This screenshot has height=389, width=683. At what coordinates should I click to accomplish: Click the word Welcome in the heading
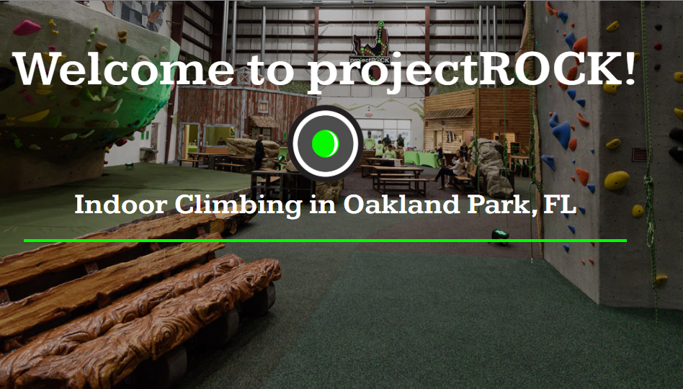pyautogui.click(x=123, y=69)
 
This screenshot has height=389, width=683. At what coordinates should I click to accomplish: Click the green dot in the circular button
pyautogui.click(x=326, y=143)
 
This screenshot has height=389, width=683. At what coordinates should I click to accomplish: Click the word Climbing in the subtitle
pyautogui.click(x=238, y=205)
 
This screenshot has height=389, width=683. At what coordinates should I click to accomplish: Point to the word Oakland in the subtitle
pyautogui.click(x=401, y=204)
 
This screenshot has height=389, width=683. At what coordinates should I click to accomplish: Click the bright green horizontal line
pyautogui.click(x=325, y=241)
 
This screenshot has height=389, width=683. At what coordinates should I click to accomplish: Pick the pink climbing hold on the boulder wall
pyautogui.click(x=26, y=27)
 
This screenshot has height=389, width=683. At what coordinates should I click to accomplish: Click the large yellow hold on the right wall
pyautogui.click(x=616, y=180)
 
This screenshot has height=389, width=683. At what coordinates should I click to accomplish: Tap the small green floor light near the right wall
pyautogui.click(x=500, y=236)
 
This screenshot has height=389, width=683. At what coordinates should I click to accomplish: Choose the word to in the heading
pyautogui.click(x=270, y=72)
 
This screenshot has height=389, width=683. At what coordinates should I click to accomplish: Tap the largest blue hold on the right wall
pyautogui.click(x=562, y=135)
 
